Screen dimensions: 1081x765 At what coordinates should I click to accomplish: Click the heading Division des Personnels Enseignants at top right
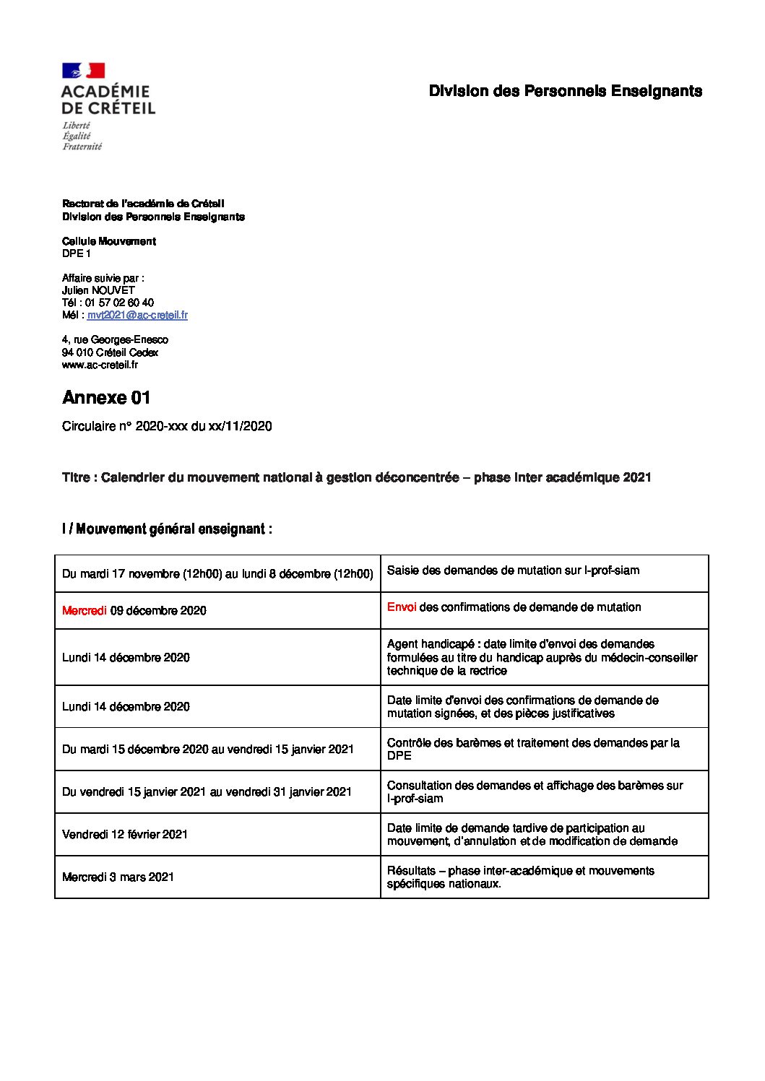(565, 91)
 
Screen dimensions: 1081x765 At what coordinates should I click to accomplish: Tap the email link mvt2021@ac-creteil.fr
(137, 315)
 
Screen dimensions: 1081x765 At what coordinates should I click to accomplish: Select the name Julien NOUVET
(98, 290)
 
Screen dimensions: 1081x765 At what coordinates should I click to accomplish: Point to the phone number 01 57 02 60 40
(119, 303)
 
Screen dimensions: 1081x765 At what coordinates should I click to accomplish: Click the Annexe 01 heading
(106, 398)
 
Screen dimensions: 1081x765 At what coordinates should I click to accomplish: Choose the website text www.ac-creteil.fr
(100, 365)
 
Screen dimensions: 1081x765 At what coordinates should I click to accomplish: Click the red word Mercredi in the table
(84, 611)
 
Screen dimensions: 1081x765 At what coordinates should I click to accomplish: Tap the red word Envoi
(401, 607)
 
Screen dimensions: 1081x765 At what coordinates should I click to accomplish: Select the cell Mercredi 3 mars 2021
(118, 877)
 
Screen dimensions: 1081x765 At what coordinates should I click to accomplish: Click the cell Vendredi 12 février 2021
(125, 835)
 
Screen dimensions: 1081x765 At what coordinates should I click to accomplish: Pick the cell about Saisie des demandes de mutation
(513, 570)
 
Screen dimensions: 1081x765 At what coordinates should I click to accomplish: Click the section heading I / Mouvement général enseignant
(167, 529)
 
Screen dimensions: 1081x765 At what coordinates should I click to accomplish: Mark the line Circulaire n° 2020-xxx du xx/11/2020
(167, 426)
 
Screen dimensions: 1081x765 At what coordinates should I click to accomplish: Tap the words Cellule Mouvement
(109, 241)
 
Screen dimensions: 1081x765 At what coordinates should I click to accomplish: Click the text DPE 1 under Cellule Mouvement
(76, 253)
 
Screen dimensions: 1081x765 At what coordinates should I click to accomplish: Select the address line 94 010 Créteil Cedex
(110, 352)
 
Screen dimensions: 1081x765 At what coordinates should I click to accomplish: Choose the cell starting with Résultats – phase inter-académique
(520, 877)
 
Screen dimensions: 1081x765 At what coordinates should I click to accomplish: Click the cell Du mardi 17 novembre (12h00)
(217, 574)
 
